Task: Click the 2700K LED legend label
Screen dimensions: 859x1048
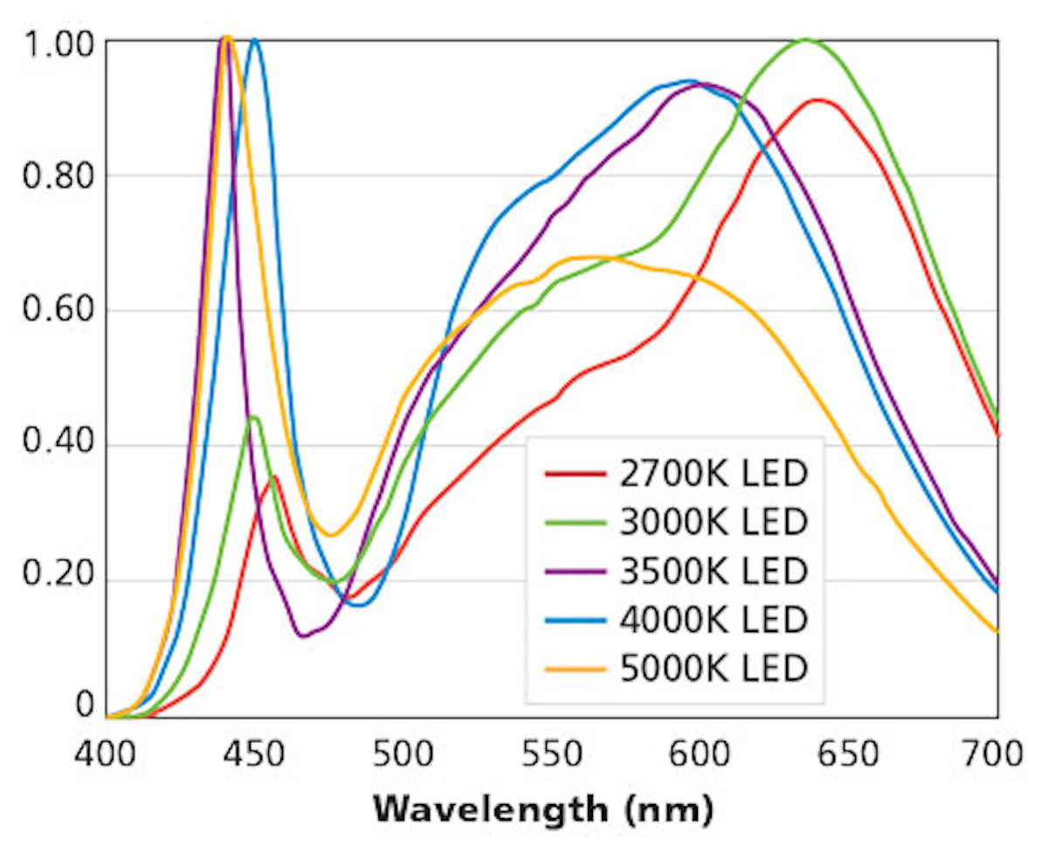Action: [x=714, y=474]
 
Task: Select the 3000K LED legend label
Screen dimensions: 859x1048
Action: [x=714, y=522]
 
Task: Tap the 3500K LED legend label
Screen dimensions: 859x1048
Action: [x=714, y=571]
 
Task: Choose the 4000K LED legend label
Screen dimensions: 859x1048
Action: [x=714, y=620]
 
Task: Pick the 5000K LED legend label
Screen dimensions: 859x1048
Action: [x=714, y=669]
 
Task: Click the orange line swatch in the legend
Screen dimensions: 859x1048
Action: [x=576, y=670]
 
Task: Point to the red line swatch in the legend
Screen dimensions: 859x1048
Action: [x=576, y=475]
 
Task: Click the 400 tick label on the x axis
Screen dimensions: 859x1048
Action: [x=107, y=752]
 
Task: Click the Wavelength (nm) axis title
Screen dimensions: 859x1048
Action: [x=543, y=809]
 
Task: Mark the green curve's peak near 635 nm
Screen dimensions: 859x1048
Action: [x=805, y=39]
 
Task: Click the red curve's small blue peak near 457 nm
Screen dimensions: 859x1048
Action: [x=274, y=477]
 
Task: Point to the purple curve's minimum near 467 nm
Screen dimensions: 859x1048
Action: [x=303, y=636]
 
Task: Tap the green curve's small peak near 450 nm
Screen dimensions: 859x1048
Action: [x=254, y=417]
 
